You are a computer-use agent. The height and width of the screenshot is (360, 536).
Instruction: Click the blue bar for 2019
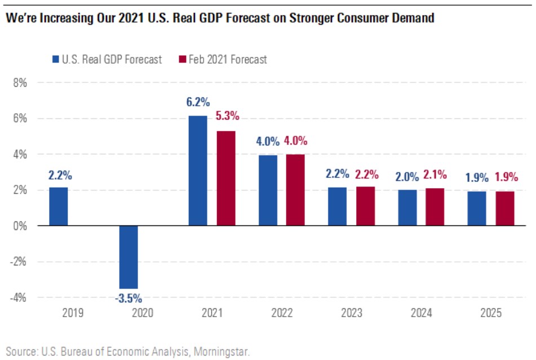pyautogui.click(x=59, y=206)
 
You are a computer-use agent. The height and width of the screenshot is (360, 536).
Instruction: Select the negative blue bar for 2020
pyautogui.click(x=129, y=257)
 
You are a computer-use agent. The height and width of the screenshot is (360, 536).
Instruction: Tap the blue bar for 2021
pyautogui.click(x=198, y=171)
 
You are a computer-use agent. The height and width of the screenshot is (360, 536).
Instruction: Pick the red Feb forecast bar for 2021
pyautogui.click(x=226, y=178)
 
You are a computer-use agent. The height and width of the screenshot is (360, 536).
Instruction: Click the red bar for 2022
pyautogui.click(x=296, y=190)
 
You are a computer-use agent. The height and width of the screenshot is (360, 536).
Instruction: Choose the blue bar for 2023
pyautogui.click(x=338, y=206)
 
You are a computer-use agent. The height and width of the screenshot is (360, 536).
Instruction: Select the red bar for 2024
pyautogui.click(x=435, y=207)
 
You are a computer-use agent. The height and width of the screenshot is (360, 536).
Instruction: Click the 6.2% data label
pyautogui.click(x=198, y=103)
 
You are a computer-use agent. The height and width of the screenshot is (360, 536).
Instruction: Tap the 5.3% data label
pyautogui.click(x=228, y=117)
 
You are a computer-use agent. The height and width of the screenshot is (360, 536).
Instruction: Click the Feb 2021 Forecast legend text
pyautogui.click(x=228, y=59)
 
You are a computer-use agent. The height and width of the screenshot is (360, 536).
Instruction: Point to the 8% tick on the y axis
pyautogui.click(x=19, y=83)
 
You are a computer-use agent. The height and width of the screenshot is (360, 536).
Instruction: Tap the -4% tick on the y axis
pyautogui.click(x=19, y=297)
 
